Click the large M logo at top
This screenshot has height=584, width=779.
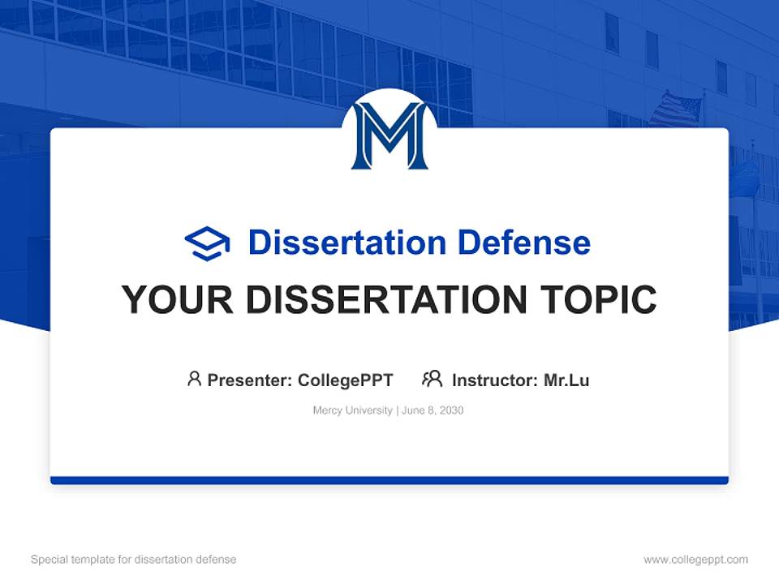(389, 135)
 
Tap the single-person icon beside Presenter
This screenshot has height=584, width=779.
(194, 379)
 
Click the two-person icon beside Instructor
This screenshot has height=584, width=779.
(432, 379)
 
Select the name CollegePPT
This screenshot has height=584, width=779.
(346, 380)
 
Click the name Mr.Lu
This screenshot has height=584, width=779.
(566, 380)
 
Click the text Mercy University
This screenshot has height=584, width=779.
(352, 410)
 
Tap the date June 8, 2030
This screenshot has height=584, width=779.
(433, 410)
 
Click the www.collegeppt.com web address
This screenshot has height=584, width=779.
(695, 560)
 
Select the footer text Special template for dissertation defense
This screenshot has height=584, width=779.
(134, 560)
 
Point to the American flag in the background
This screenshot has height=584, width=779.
(675, 109)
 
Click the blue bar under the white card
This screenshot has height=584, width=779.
(389, 480)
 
